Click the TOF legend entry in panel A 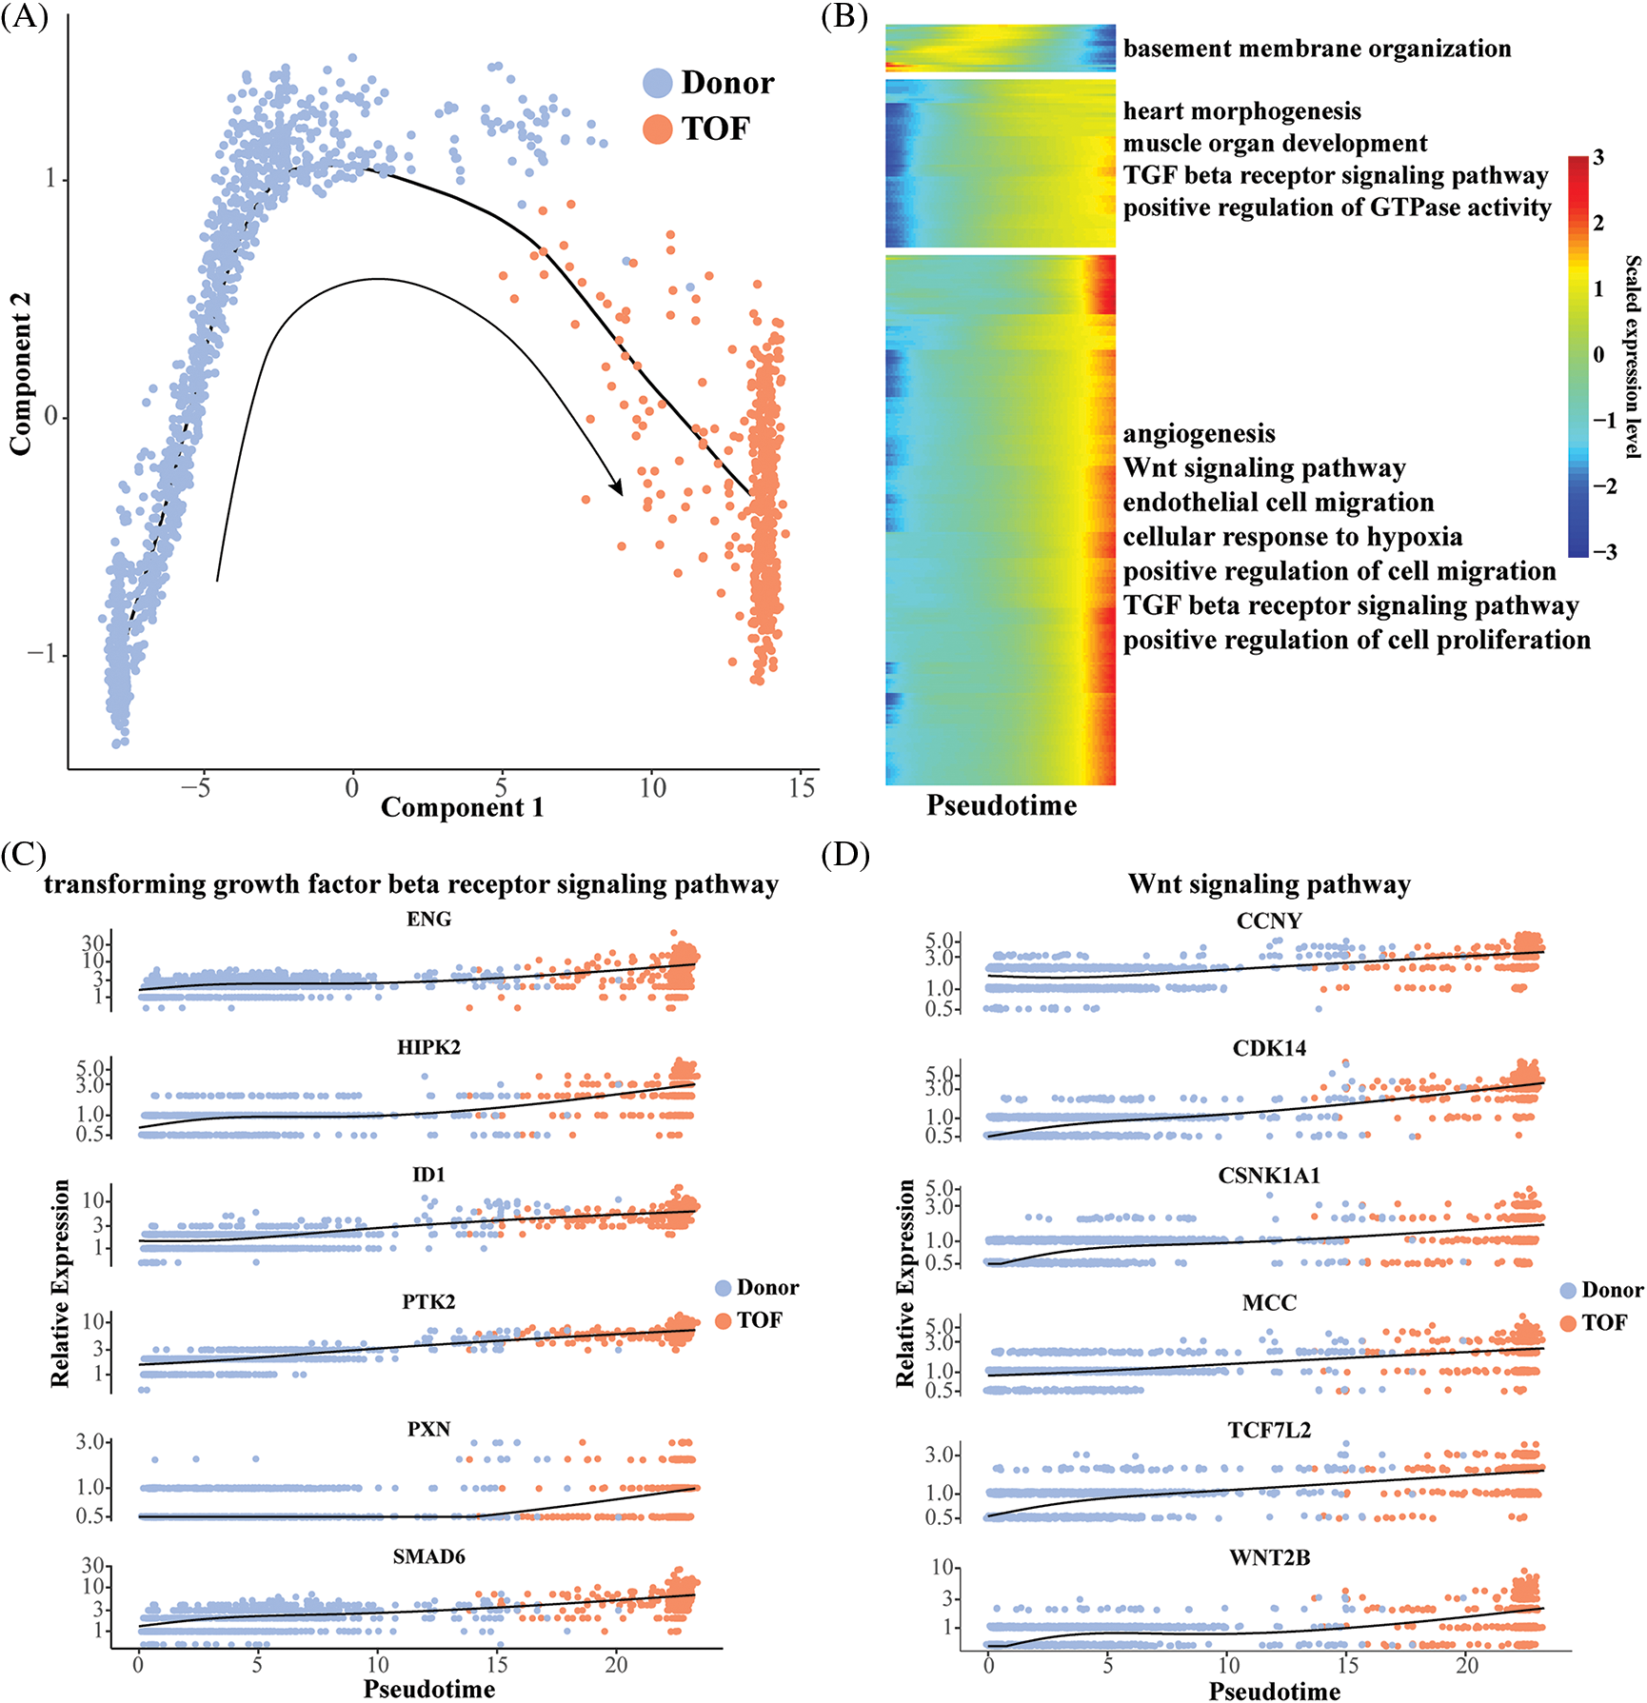coord(715,129)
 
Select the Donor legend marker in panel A coord(658,83)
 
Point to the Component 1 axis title coord(462,807)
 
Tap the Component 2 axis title coord(20,373)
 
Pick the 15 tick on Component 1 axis coord(802,787)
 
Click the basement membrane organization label coord(1317,49)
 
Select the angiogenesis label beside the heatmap coord(1199,434)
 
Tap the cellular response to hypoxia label coord(1292,537)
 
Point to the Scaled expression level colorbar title coord(1632,357)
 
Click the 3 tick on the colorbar coord(1598,158)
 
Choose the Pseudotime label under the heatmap coord(1002,805)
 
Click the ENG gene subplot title coord(428,920)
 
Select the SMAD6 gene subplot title coord(428,1556)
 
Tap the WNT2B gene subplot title coord(1269,1557)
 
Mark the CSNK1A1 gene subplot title coord(1269,1176)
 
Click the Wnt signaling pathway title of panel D coord(1269,884)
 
